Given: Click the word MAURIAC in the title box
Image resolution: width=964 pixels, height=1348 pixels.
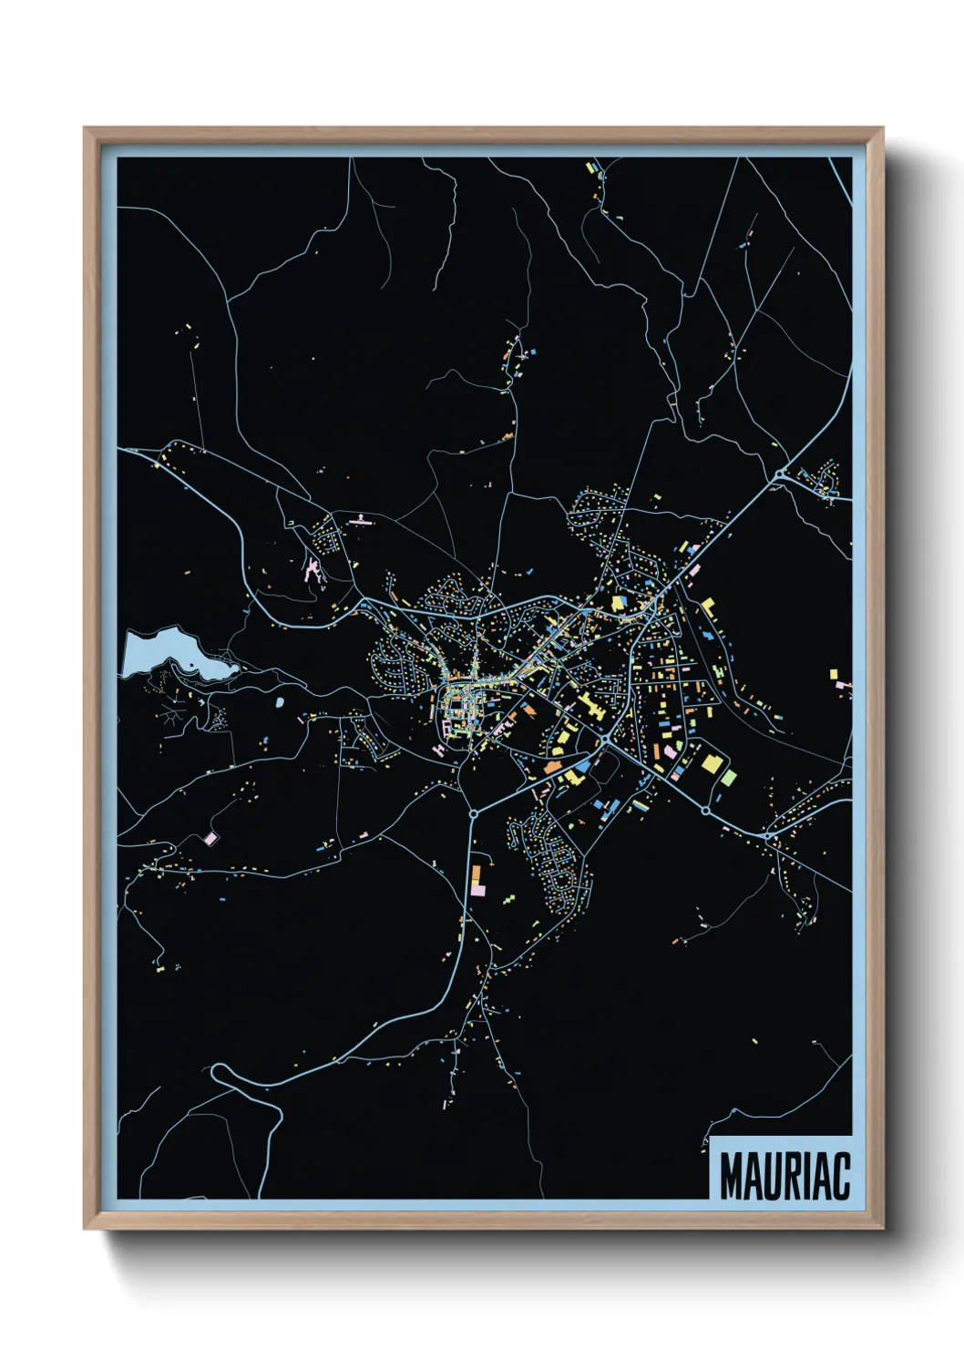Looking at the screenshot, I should [x=784, y=1176].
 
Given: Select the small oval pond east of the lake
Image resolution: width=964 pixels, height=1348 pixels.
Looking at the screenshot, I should [x=279, y=703].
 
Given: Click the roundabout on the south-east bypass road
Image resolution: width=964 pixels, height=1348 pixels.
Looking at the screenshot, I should [x=705, y=810].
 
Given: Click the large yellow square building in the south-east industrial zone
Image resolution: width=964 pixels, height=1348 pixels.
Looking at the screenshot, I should [x=711, y=762].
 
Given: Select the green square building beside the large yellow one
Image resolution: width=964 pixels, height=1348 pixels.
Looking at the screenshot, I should [x=729, y=777].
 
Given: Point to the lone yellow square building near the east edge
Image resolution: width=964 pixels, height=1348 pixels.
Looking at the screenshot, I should [x=833, y=674].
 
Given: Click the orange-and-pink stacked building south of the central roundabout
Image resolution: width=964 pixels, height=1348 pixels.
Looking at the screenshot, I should [x=476, y=879].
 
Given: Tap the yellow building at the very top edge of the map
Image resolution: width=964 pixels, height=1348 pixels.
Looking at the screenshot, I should [x=590, y=168].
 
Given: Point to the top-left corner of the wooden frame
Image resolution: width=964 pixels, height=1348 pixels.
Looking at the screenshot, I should [x=85, y=128].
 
